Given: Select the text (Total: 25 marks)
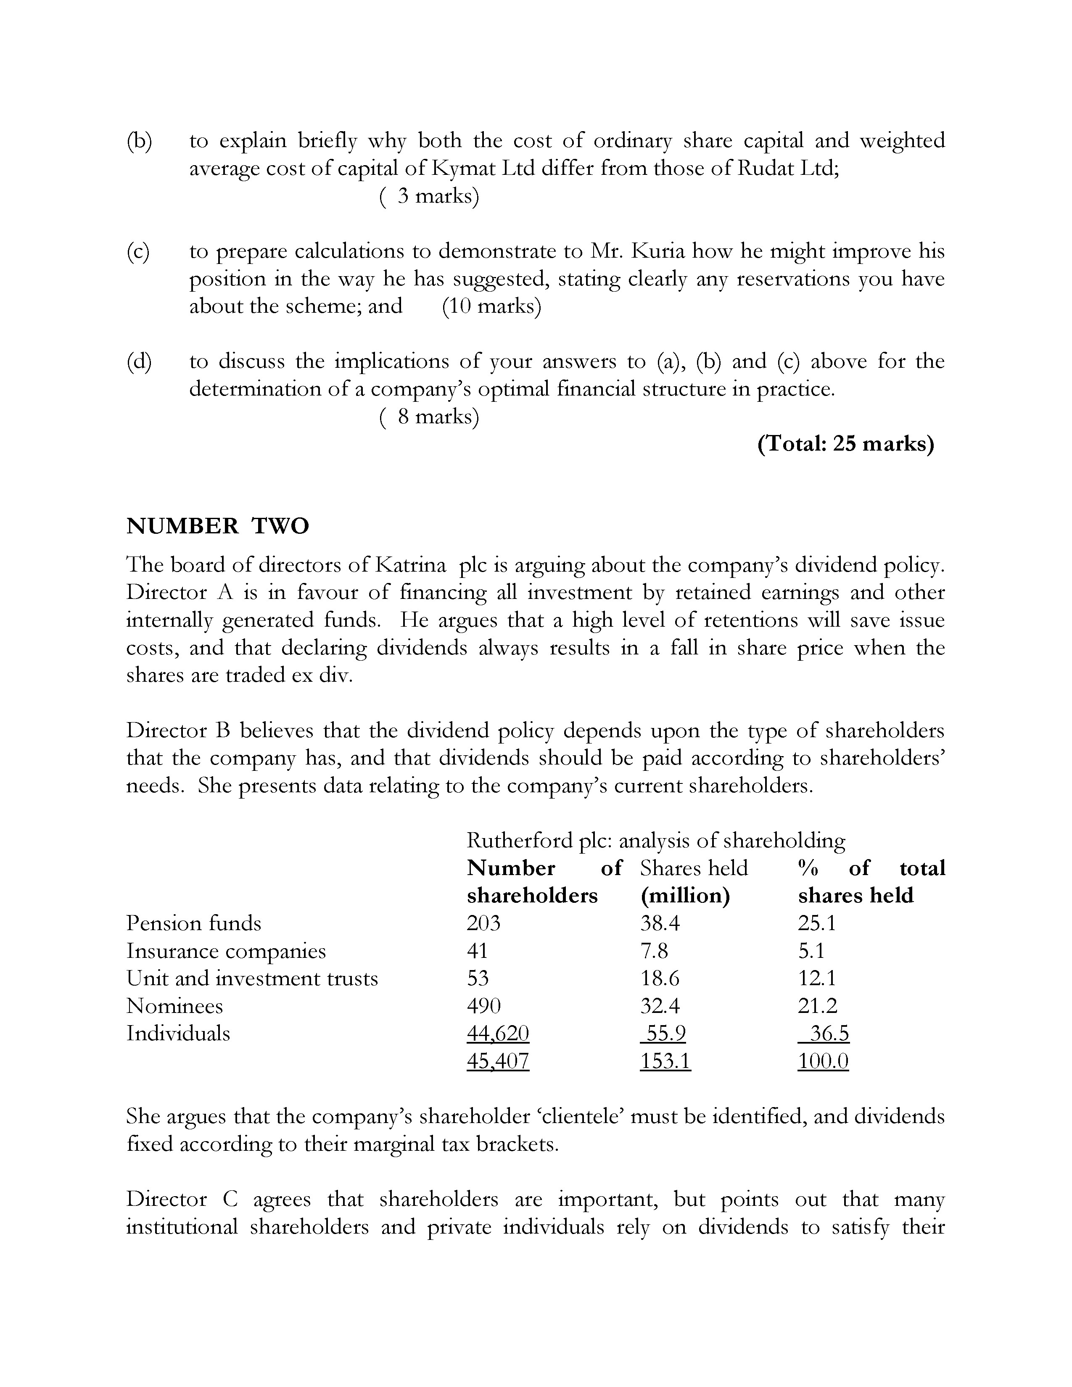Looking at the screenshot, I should point(845,444).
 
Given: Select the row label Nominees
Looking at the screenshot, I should point(174,1005).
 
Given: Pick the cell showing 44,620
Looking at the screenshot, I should point(498,1033).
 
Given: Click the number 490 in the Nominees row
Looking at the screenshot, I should point(483,1005).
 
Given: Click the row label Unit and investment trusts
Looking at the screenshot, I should point(252,978).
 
